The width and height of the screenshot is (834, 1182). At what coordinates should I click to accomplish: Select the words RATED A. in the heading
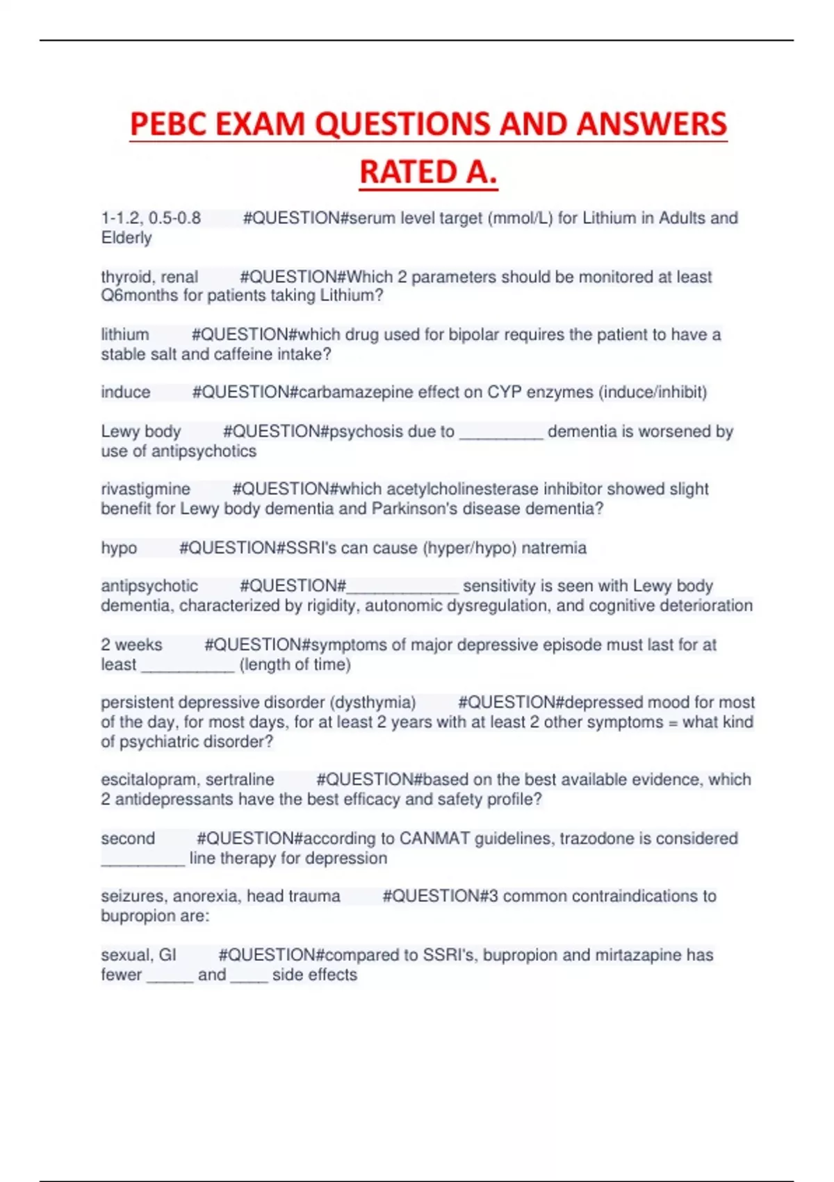pos(428,172)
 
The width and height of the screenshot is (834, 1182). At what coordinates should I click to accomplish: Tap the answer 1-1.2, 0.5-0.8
pos(151,218)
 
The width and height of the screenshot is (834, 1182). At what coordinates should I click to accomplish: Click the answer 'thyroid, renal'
pos(149,277)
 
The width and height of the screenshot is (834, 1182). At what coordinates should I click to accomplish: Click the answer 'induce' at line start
pos(125,392)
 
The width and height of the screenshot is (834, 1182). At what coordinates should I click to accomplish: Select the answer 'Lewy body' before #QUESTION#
pos(140,432)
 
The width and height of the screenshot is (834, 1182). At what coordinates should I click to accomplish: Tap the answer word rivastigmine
pos(145,489)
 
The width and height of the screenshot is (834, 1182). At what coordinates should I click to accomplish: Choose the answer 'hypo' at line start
pos(119,548)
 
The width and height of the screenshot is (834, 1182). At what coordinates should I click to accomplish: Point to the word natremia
pos(554,548)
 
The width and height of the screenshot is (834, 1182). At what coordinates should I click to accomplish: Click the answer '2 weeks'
pos(131,645)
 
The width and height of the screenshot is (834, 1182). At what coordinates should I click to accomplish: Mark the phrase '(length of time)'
pos(295,665)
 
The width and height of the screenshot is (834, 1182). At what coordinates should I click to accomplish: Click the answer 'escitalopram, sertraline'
pos(188,780)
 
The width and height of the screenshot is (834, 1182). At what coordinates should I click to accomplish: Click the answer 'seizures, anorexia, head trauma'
pos(220,896)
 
